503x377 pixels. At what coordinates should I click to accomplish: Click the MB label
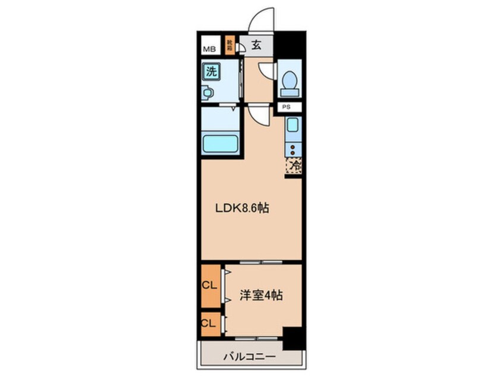coord(209,49)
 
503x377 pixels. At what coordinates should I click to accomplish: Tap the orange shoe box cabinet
coord(230,45)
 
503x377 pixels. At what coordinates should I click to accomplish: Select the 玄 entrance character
coord(256,45)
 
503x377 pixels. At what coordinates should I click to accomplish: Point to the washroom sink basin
coord(208,93)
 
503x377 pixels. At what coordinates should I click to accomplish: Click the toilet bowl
coord(290,81)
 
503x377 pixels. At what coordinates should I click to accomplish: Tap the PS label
coord(287,108)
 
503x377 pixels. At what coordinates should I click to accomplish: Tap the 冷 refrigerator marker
coord(294,166)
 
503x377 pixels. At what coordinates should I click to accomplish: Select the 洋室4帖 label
coord(262,294)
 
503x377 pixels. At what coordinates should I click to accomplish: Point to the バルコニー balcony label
coord(250,357)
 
